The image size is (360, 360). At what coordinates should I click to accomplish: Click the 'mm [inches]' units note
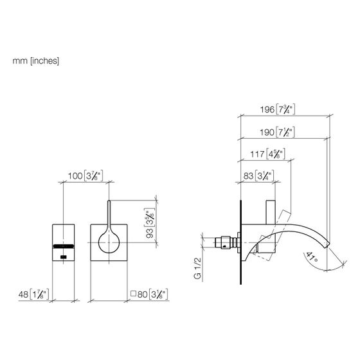point(36,61)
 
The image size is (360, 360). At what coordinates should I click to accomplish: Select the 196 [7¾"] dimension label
point(277,109)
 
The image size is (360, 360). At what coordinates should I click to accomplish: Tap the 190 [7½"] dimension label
point(277,132)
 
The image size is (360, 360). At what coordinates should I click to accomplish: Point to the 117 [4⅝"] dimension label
point(267,154)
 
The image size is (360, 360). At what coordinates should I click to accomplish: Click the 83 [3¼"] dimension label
point(258,176)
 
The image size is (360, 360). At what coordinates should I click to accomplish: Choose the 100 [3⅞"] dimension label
point(85,176)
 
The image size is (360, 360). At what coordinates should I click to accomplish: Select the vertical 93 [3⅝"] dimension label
point(150,223)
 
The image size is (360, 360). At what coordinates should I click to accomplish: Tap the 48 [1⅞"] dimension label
point(33,294)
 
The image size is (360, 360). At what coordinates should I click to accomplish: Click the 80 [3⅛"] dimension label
point(152,294)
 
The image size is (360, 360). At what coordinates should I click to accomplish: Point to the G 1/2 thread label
point(198,269)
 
